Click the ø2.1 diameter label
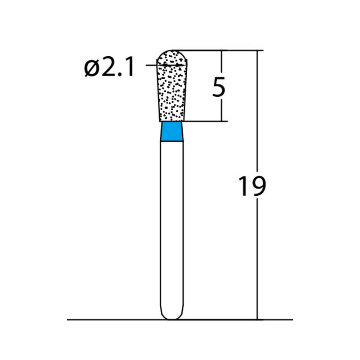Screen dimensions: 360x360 tap(109, 69)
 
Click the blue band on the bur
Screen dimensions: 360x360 tap(172, 132)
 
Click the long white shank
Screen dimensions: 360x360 tap(172, 225)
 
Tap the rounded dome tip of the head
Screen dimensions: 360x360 tap(172, 55)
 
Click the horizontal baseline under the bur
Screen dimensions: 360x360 tap(112, 320)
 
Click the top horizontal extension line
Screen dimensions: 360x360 tap(216, 50)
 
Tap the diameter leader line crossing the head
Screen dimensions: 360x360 tap(153, 66)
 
